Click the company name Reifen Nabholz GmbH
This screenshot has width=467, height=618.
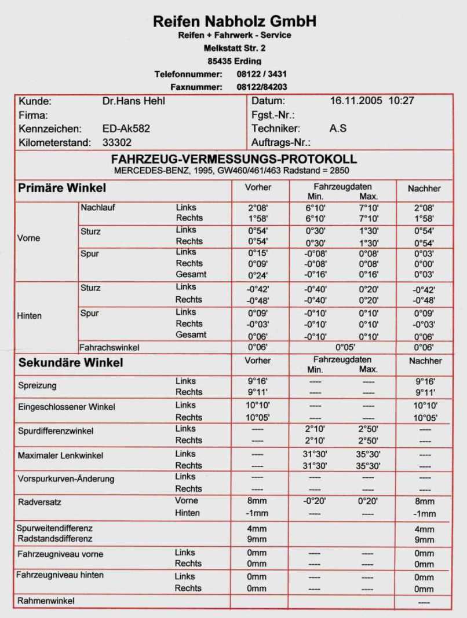(x=234, y=21)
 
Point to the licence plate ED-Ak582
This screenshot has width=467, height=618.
(x=126, y=128)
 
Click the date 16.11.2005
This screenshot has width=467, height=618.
(x=356, y=101)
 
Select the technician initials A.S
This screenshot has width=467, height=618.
(x=338, y=128)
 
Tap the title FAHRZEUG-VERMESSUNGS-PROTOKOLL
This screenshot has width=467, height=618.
(x=234, y=159)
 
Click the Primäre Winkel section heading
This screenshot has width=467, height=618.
(x=62, y=188)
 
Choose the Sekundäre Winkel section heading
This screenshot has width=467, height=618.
(x=71, y=363)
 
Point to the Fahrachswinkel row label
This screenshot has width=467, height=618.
(x=110, y=348)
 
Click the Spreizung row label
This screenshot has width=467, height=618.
(x=38, y=385)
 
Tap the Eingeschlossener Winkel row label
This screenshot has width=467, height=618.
(x=67, y=407)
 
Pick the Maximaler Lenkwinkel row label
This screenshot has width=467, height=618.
(x=61, y=455)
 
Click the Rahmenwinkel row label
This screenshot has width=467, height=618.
(x=46, y=601)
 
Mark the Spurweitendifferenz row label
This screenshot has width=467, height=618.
(x=55, y=528)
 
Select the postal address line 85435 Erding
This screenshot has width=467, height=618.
(x=234, y=61)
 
